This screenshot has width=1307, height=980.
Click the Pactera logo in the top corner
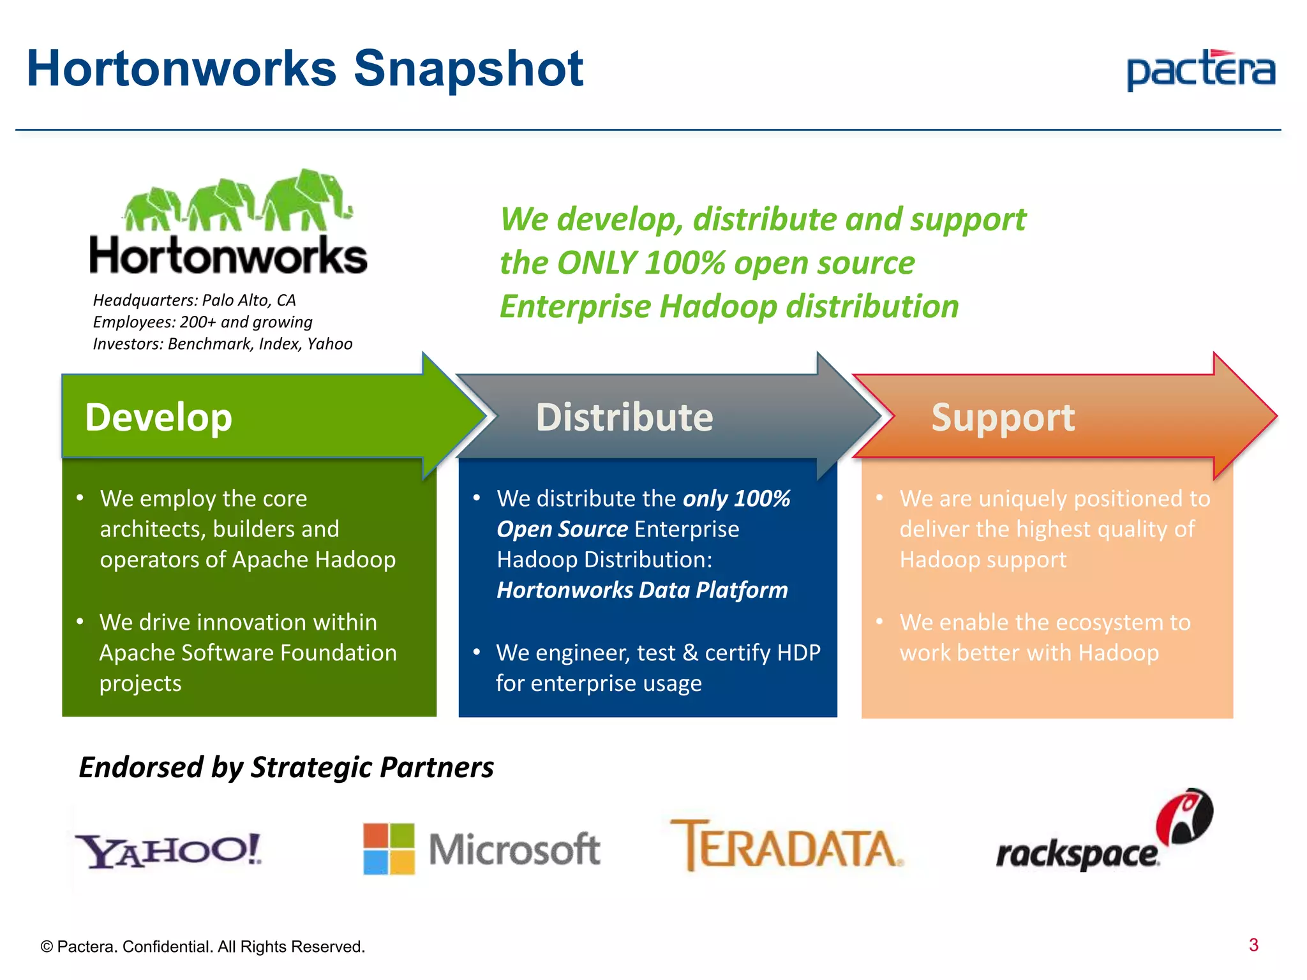(1200, 70)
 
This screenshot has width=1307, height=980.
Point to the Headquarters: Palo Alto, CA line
(194, 301)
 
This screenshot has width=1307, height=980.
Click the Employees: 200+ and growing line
(202, 322)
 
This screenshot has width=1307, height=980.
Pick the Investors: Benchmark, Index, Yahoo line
(222, 344)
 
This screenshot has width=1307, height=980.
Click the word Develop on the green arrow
(158, 418)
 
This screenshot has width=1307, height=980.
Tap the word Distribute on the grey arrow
(624, 418)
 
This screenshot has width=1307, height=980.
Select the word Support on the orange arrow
(1003, 418)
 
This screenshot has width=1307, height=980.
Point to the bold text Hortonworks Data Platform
(642, 590)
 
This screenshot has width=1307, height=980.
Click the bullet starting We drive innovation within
(248, 652)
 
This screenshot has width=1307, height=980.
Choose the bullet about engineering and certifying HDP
(657, 667)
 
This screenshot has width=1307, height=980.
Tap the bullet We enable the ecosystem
(1045, 637)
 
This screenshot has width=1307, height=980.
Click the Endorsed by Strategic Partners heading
(286, 767)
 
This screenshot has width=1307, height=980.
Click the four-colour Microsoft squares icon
(389, 849)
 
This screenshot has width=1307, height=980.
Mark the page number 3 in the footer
(1253, 945)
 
